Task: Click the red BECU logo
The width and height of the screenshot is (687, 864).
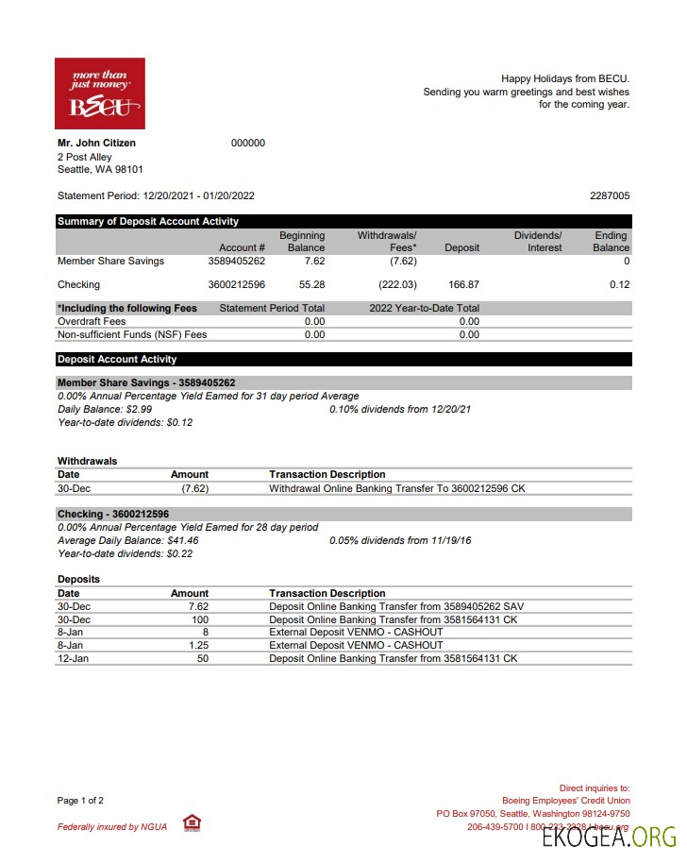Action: pos(100,93)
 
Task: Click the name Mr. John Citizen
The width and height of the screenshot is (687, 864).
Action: pos(96,144)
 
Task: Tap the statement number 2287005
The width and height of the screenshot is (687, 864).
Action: pos(610,196)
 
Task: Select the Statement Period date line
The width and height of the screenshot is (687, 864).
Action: pos(156,196)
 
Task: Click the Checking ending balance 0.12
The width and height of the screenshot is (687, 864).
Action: pos(619,284)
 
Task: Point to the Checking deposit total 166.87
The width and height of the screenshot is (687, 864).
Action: pos(463,284)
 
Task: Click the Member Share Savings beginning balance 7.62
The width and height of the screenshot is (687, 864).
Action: pos(314,262)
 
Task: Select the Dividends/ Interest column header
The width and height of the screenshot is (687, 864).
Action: pos(537,242)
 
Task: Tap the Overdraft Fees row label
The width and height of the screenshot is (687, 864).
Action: pos(92,322)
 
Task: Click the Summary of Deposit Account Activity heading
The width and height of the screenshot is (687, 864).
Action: pos(148,222)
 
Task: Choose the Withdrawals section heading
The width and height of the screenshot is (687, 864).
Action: pos(87,461)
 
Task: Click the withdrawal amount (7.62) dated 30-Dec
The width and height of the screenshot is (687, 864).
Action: pos(194,488)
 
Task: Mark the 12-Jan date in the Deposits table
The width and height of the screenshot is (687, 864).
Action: pos(72,658)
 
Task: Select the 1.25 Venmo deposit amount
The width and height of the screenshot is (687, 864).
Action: pos(198,645)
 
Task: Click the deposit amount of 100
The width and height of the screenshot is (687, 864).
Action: pos(199,619)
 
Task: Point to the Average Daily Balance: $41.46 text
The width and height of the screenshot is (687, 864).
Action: pos(128,540)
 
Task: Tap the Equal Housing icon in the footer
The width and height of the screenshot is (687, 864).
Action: pos(191,823)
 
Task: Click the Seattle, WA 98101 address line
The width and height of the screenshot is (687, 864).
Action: pos(100,170)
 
